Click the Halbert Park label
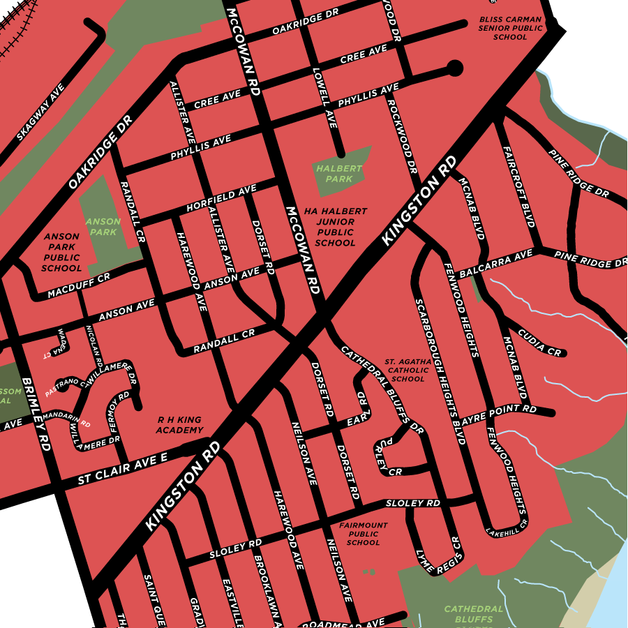tap(339, 174)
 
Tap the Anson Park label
tap(103, 227)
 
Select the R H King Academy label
tap(179, 425)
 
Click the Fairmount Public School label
tap(363, 534)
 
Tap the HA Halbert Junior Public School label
tap(335, 227)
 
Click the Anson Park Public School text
tap(61, 253)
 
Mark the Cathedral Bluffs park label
tap(474, 614)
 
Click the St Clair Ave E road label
tap(123, 469)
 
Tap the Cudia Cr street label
tap(539, 344)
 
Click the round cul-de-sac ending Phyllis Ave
tap(454, 68)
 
